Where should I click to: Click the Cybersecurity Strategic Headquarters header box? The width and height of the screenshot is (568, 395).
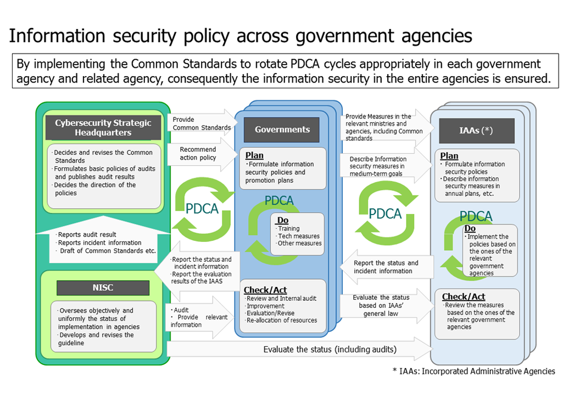[x=103, y=128]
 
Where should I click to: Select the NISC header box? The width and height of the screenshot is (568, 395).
[x=103, y=287]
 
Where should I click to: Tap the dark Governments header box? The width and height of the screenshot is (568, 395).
[x=282, y=130]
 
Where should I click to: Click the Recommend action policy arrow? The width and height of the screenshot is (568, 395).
[x=201, y=154]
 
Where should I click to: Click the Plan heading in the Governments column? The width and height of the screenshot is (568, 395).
[x=254, y=155]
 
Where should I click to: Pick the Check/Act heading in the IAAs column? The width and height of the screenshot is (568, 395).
[x=463, y=297]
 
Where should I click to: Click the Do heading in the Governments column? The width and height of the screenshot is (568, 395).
[x=282, y=221]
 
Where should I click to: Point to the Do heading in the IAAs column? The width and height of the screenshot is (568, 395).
[x=470, y=228]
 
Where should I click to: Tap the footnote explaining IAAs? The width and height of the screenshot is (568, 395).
[x=474, y=371]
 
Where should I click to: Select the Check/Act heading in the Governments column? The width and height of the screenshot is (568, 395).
[x=266, y=290]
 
